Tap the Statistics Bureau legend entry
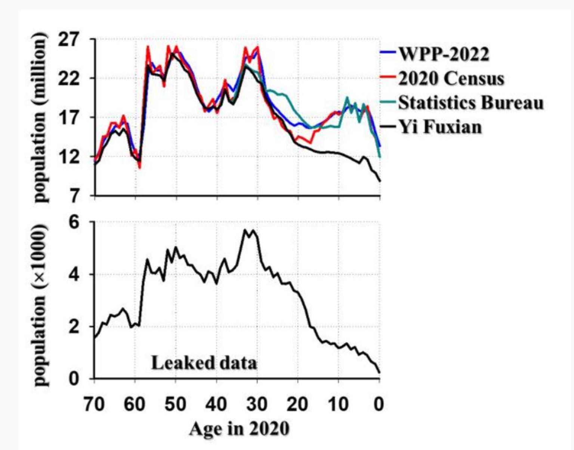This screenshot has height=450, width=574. pos(470,103)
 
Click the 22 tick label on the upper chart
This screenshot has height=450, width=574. pos(69,78)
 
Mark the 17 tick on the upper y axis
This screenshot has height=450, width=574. pos(69,118)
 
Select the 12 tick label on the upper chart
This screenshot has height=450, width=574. pos(69,157)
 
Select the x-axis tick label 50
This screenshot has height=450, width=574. pos(175,404)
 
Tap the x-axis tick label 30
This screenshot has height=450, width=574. pos(257,404)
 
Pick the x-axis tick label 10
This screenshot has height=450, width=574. pos(338,404)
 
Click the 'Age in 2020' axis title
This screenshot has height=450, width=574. pos(239,429)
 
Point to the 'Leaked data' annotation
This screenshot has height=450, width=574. pos(204,363)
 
